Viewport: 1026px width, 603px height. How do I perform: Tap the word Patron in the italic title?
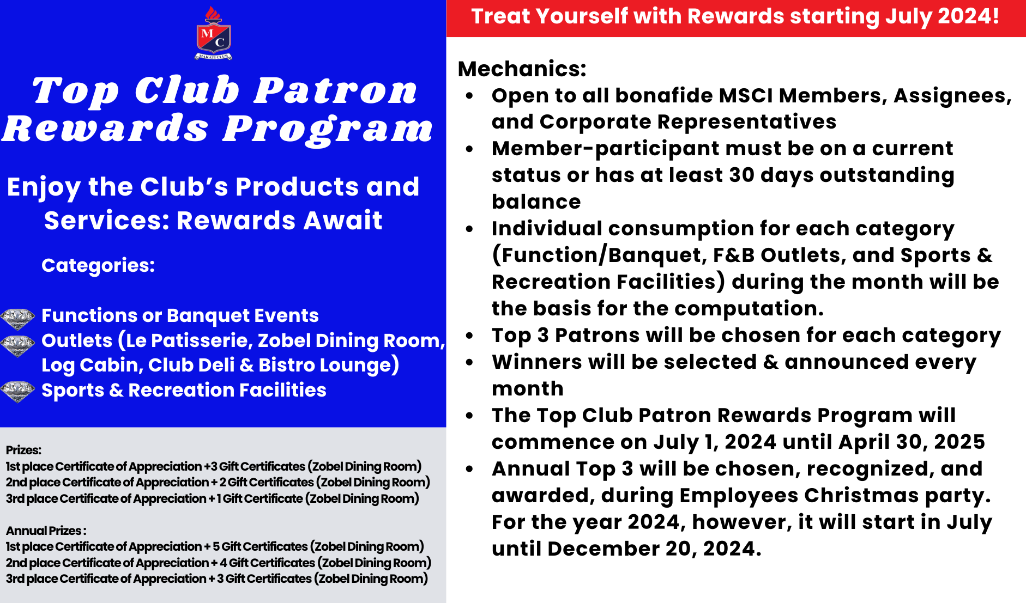(x=336, y=90)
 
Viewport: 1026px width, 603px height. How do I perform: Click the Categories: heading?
(x=98, y=265)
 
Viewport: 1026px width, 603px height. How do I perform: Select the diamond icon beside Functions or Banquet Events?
(x=17, y=319)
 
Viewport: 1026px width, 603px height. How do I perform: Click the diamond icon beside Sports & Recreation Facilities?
(x=17, y=391)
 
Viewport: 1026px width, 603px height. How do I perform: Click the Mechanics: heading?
(x=522, y=69)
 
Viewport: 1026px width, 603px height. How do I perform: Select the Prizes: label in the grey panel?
(x=23, y=450)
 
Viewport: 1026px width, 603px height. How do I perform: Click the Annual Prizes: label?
(x=46, y=531)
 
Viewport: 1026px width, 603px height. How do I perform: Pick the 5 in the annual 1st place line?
(x=216, y=546)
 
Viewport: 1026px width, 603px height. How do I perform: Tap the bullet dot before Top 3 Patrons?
(x=469, y=336)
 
